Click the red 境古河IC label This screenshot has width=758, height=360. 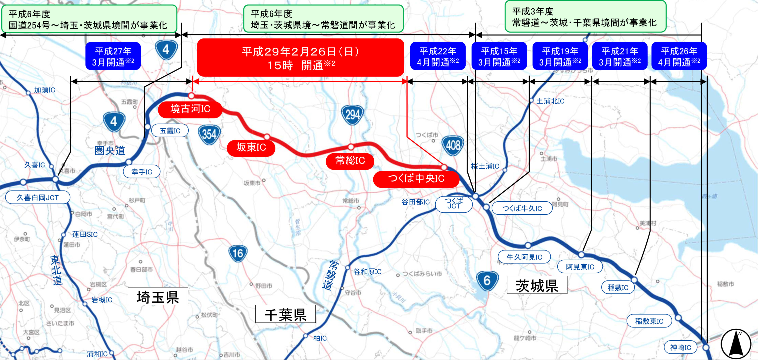[190, 109]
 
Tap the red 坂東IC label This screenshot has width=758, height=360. [251, 147]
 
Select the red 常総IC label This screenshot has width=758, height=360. [350, 161]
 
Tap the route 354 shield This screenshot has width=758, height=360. [209, 134]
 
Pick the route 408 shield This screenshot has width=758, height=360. [453, 145]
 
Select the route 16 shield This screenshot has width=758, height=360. [238, 253]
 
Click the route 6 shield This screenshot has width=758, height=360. [487, 280]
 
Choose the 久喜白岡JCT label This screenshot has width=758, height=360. [38, 197]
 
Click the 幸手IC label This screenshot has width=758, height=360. [141, 171]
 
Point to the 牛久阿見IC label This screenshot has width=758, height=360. [524, 257]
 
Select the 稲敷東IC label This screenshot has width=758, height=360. [649, 321]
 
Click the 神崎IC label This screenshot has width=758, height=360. [680, 347]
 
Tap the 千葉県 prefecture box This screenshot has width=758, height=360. [285, 314]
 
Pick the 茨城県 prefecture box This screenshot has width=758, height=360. [537, 285]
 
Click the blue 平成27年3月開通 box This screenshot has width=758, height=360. [113, 56]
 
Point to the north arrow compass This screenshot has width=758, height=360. [736, 344]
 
